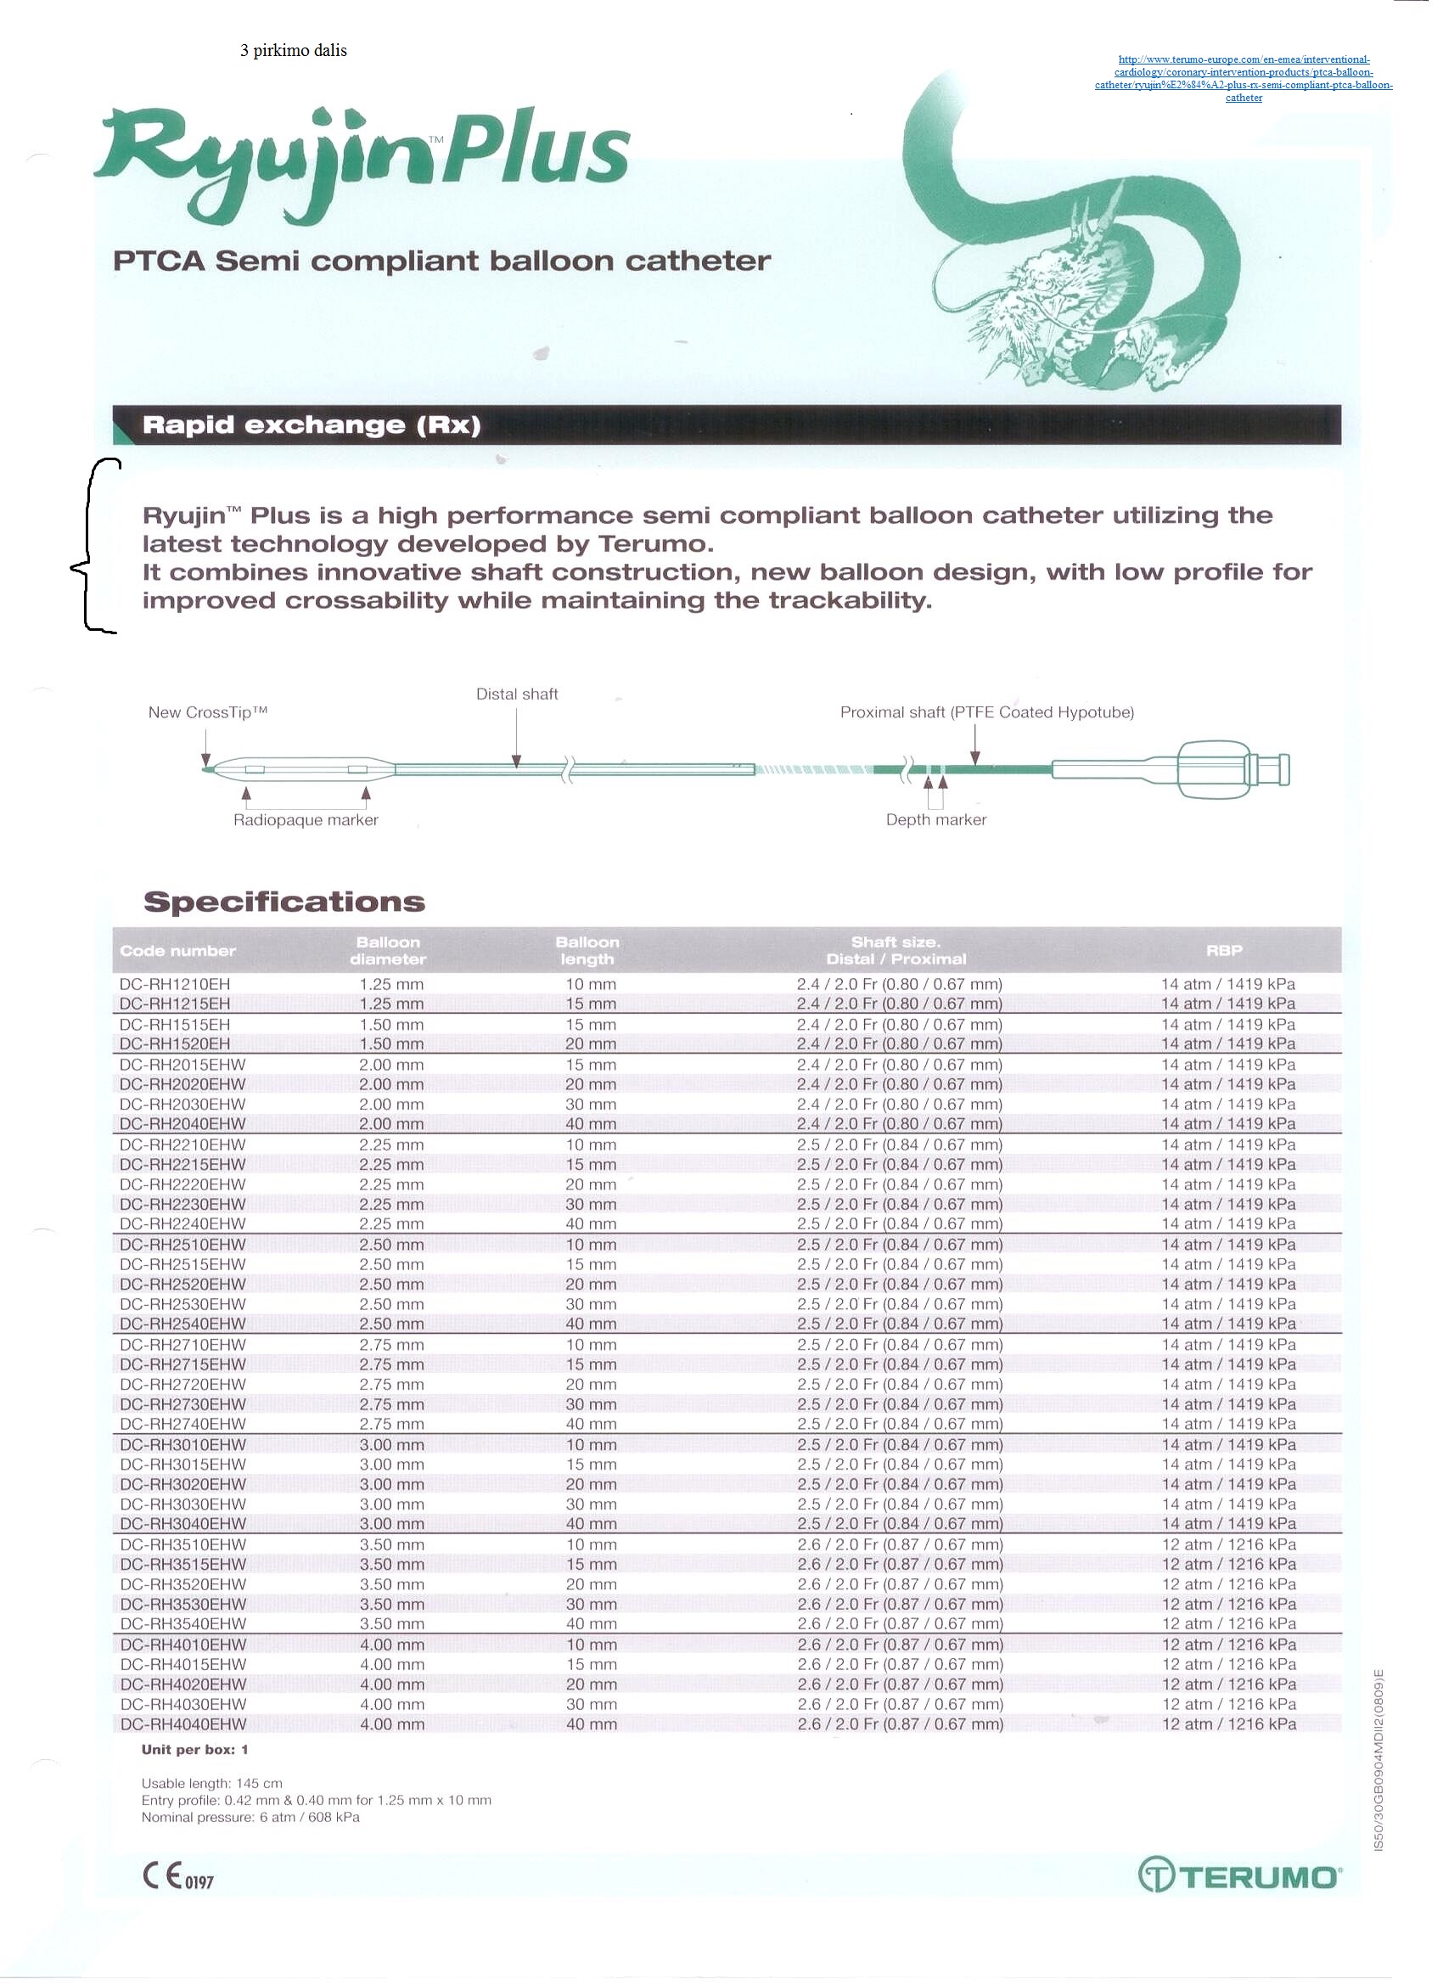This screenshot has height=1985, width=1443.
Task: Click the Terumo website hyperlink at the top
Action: pyautogui.click(x=1243, y=79)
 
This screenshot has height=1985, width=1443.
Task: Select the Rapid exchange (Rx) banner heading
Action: pyautogui.click(x=312, y=425)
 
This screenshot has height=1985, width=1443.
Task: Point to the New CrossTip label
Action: pyautogui.click(x=207, y=712)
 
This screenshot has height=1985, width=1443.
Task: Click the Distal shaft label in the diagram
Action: pyautogui.click(x=516, y=694)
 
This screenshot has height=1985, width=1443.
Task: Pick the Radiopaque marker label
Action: pyautogui.click(x=306, y=820)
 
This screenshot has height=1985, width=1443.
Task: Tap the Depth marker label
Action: pyautogui.click(x=935, y=820)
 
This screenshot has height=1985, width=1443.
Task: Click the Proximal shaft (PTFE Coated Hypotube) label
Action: pyautogui.click(x=986, y=712)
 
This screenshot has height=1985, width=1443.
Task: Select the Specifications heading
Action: pyautogui.click(x=284, y=903)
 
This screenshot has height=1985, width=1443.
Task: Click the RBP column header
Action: pyautogui.click(x=1223, y=951)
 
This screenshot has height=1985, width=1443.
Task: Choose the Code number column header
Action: pyautogui.click(x=177, y=952)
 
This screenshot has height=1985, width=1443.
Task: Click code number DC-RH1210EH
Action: pyautogui.click(x=175, y=985)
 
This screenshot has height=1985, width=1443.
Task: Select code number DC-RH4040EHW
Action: pyautogui.click(x=183, y=1724)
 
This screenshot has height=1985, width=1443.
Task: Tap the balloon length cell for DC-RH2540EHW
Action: pyautogui.click(x=591, y=1324)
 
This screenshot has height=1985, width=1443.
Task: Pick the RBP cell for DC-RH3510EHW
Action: pyautogui.click(x=1228, y=1544)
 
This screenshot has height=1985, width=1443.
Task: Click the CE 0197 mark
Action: pyautogui.click(x=177, y=1876)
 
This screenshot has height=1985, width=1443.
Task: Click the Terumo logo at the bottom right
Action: pyautogui.click(x=1239, y=1875)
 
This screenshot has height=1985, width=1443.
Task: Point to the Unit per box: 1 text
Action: pyautogui.click(x=194, y=1751)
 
